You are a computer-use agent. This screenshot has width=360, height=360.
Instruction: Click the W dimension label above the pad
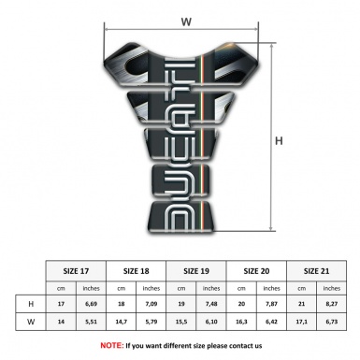point(185,18)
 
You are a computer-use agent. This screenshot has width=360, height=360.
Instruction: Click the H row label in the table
point(32,304)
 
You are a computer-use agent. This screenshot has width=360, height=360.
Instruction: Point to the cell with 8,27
point(332,304)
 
